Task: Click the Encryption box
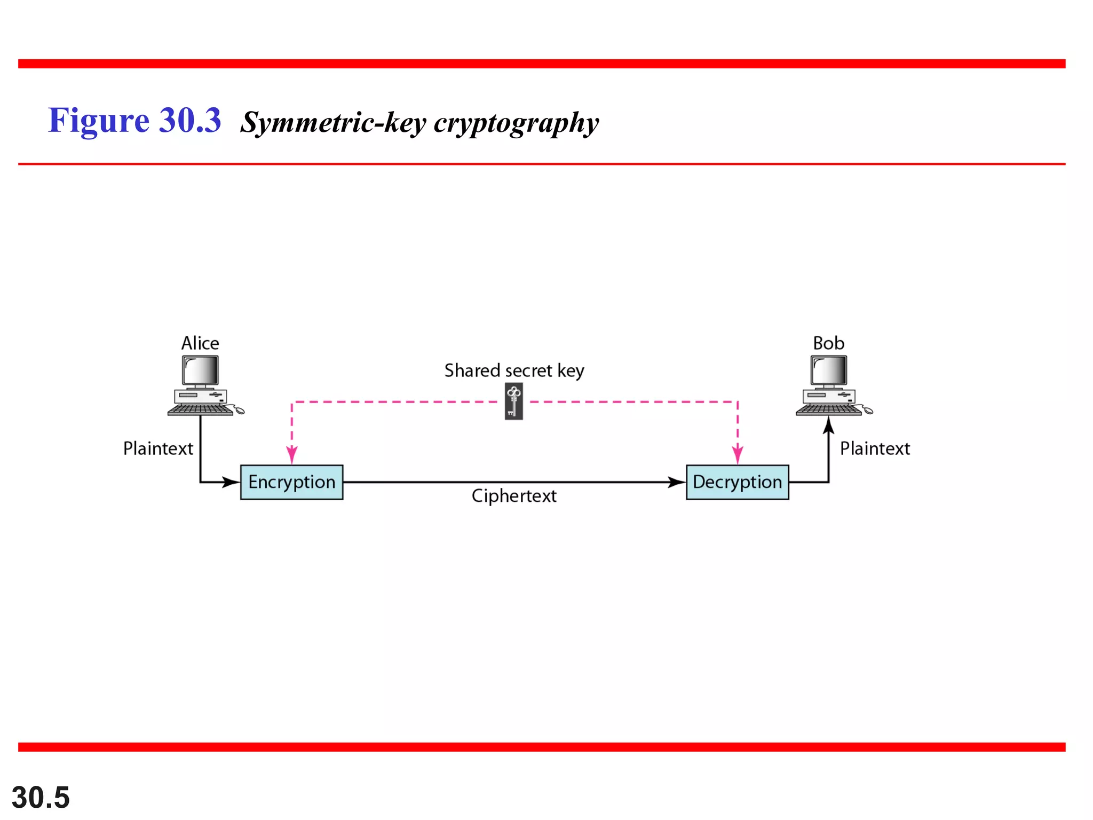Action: tap(291, 482)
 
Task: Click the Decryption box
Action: tap(737, 482)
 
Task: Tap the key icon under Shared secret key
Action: tap(513, 402)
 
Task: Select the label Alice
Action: tap(200, 343)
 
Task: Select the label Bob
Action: tap(828, 343)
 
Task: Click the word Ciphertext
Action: tap(514, 496)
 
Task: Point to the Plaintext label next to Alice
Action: tap(158, 448)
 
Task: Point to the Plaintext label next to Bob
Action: tap(875, 448)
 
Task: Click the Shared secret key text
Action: tap(514, 370)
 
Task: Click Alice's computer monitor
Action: tap(200, 370)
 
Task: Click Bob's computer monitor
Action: tap(828, 370)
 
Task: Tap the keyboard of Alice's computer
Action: tap(200, 409)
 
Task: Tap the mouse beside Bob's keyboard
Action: tap(868, 411)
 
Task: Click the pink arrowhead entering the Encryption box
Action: tap(292, 456)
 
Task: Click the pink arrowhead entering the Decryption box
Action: tap(738, 456)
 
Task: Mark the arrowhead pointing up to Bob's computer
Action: tap(828, 425)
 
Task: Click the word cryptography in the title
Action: tap(516, 123)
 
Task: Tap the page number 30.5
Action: tap(41, 798)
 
